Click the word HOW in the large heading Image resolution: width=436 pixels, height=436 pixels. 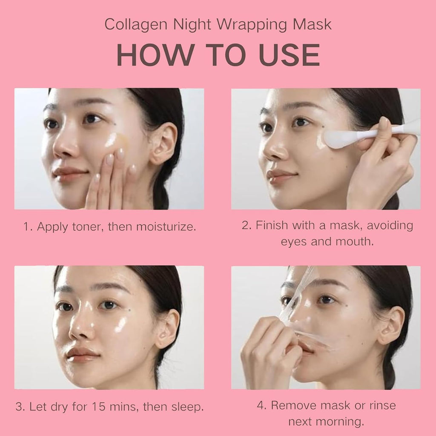coord(152,54)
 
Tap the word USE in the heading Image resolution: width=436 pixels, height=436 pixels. coord(289,54)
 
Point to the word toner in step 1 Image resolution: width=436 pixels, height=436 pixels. coord(86,226)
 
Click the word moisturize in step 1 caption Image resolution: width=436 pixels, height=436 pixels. coord(166,226)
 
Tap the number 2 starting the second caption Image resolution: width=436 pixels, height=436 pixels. coord(246,225)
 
